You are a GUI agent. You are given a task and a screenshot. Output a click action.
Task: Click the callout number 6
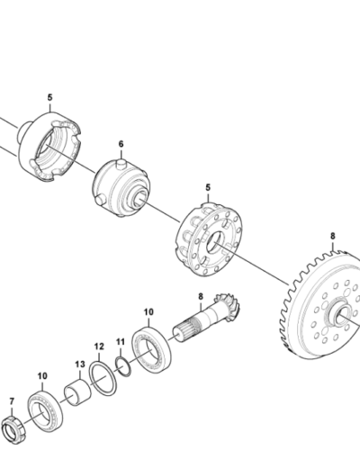click(121, 144)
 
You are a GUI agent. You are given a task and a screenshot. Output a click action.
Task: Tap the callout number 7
click(12, 401)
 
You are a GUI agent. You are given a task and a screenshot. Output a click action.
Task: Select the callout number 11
click(121, 342)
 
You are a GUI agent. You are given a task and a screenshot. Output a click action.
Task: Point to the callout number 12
click(99, 346)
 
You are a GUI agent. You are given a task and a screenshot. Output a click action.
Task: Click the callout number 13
click(80, 364)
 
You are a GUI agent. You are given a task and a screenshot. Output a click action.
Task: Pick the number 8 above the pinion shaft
click(201, 297)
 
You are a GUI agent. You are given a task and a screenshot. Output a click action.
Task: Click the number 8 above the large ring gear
click(333, 237)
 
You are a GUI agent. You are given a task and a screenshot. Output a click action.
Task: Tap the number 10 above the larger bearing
click(148, 312)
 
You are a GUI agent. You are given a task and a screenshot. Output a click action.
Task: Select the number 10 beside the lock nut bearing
click(42, 376)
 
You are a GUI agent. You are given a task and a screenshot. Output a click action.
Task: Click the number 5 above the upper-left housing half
click(49, 97)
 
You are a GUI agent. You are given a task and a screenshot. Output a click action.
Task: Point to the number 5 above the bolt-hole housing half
click(208, 188)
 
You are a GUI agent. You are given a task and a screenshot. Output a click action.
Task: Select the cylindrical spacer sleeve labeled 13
click(77, 392)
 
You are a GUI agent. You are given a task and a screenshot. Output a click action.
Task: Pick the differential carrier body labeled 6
click(121, 188)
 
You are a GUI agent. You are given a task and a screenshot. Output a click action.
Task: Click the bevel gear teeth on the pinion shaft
click(228, 307)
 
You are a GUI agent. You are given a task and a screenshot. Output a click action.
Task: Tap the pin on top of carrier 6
click(121, 163)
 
